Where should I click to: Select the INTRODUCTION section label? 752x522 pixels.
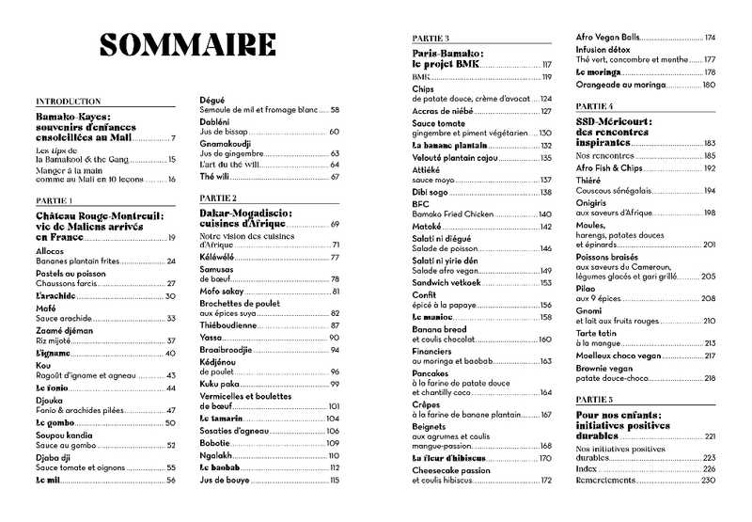[68, 101]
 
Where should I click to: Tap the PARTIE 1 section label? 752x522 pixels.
[55, 200]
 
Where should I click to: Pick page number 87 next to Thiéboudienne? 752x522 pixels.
[334, 325]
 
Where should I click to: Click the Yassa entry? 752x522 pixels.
[211, 338]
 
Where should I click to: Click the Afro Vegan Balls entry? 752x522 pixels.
[608, 37]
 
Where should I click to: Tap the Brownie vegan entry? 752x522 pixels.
[607, 368]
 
